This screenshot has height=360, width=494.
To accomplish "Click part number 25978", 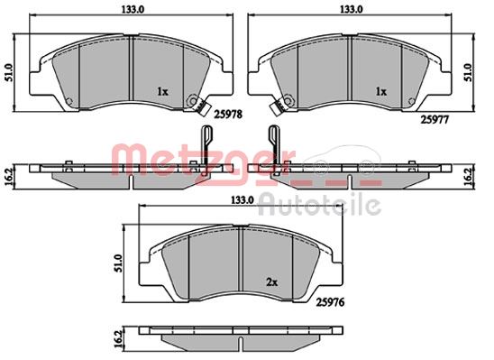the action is click(x=228, y=114).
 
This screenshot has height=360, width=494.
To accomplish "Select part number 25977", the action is click(x=435, y=120).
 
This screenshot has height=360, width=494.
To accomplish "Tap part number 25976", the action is click(x=331, y=302).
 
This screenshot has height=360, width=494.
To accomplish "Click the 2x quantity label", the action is click(x=272, y=282).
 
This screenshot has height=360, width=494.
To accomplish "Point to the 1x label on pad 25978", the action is click(x=163, y=91).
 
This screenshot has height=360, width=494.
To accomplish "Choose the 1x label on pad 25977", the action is click(x=381, y=91).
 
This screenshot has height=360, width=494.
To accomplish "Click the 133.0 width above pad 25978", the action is click(x=133, y=9).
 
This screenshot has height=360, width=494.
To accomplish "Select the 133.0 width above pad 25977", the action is click(x=351, y=9).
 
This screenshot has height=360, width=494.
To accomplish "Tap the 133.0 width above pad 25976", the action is click(x=242, y=200).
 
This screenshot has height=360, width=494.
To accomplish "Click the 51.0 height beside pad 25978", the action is click(x=9, y=72).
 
